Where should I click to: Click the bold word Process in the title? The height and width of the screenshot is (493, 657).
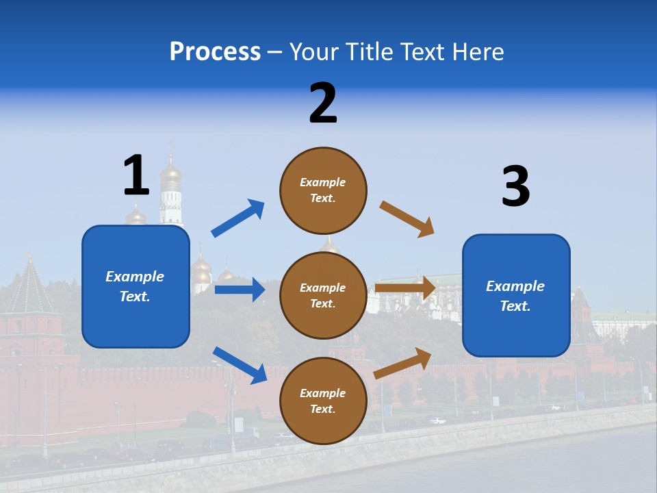point(215,52)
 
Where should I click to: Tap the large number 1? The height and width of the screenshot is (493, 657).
point(136,175)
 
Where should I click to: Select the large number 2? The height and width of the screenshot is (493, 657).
point(323,103)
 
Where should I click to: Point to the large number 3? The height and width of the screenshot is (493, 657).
point(515,187)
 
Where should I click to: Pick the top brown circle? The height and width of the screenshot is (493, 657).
point(323,190)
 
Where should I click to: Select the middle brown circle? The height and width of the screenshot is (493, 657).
point(323,295)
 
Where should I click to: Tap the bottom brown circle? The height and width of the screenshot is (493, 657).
point(323,401)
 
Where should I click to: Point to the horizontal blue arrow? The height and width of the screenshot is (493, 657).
point(240,290)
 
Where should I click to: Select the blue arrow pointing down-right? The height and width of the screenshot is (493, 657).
point(240,365)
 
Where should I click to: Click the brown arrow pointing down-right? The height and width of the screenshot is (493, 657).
point(407,219)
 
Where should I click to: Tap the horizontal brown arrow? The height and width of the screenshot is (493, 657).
point(405,288)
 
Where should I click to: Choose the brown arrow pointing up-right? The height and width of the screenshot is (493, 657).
point(402,363)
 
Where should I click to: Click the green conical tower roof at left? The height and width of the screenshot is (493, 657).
point(29,288)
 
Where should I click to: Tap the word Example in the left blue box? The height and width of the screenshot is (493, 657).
point(135,277)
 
